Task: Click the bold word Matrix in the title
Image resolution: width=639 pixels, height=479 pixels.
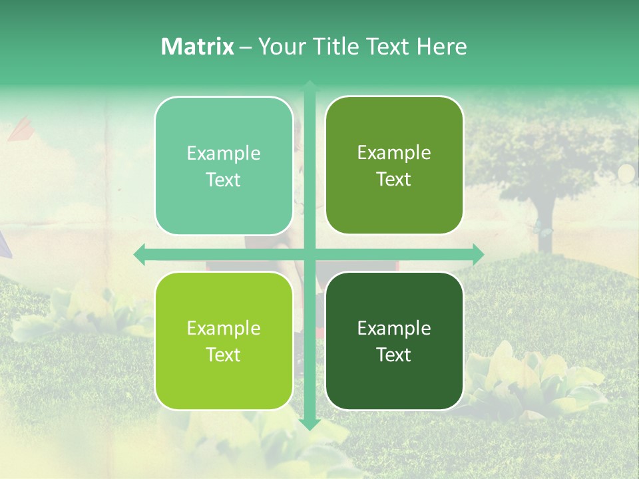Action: click(x=198, y=47)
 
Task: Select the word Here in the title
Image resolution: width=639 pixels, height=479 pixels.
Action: click(x=441, y=47)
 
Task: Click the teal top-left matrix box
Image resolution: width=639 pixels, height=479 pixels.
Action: click(x=224, y=166)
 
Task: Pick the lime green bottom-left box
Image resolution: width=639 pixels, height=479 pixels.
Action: click(x=224, y=341)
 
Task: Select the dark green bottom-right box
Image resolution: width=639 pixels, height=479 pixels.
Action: click(x=394, y=341)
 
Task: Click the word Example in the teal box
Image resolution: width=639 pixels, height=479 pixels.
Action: click(x=224, y=154)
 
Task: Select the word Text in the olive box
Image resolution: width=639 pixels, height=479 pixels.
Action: click(x=394, y=179)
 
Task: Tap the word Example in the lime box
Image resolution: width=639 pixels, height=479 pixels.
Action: click(x=224, y=329)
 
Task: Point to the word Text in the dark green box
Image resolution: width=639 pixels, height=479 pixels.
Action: click(x=394, y=355)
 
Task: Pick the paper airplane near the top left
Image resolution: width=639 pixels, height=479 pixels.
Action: click(x=20, y=128)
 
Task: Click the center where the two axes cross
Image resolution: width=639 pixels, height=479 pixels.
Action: click(x=310, y=255)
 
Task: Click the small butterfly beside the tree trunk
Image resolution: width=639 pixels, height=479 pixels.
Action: click(x=542, y=232)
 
